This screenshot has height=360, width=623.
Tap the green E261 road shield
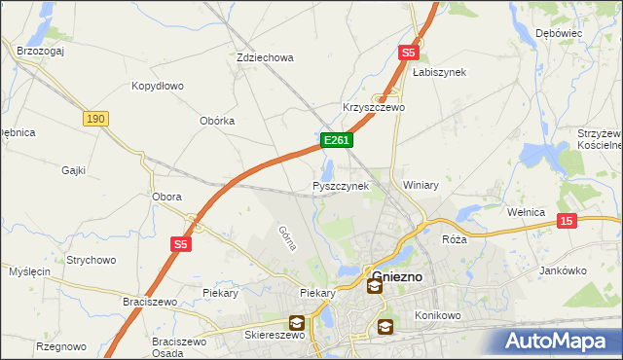coord(336,141)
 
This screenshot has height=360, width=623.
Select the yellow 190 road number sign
coord(94,119)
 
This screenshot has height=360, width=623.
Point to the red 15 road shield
coord(568,222)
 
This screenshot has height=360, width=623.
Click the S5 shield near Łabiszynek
coord(408,54)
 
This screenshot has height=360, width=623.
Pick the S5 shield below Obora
coord(181,244)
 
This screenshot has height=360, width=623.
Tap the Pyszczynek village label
coord(341,185)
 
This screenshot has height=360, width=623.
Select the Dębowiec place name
coord(559,33)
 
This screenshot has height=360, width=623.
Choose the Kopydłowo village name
coord(158,86)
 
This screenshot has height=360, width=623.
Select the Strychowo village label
coord(91,260)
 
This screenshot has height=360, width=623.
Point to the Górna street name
coord(286,238)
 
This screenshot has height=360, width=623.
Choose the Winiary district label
coord(421,184)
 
